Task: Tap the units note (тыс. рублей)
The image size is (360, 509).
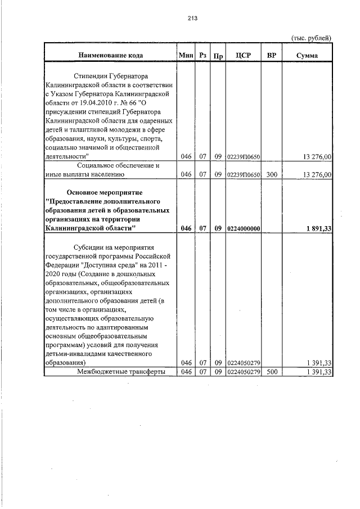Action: pyautogui.click(x=311, y=38)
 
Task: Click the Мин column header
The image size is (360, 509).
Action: pyautogui.click(x=186, y=55)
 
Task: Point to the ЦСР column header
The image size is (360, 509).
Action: pyautogui.click(x=243, y=55)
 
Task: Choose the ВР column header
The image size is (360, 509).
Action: pyautogui.click(x=272, y=55)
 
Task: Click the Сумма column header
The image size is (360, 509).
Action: pyautogui.click(x=308, y=55)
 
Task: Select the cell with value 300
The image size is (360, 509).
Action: pyautogui.click(x=272, y=175)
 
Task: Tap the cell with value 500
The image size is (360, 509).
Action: pyautogui.click(x=272, y=372)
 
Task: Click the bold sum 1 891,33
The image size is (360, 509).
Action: pyautogui.click(x=318, y=228)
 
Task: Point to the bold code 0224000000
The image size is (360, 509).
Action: pyautogui.click(x=243, y=228)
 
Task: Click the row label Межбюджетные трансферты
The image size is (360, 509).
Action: pyautogui.click(x=110, y=372)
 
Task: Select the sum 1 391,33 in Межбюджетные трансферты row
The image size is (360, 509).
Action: pyautogui.click(x=319, y=372)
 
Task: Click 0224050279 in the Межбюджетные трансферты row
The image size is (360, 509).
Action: pyautogui.click(x=243, y=372)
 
